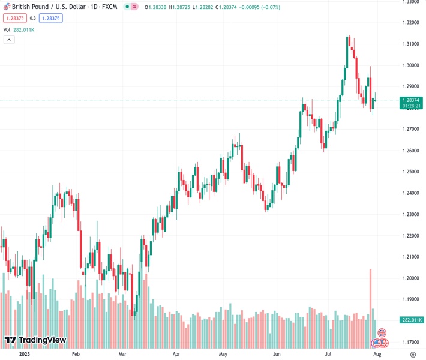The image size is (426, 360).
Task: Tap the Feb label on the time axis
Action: pos(76,354)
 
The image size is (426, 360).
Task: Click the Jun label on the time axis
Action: pos(276,354)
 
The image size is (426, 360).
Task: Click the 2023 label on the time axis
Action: pos(24,354)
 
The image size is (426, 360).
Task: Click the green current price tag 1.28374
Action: pos(412,100)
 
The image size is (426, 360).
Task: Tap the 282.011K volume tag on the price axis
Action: pos(412,320)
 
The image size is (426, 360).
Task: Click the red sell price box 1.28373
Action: pos(13,18)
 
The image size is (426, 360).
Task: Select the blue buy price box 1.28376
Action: pos(50,18)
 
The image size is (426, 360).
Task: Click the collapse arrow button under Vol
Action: pos(9,40)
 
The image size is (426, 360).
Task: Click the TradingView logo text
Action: pos(42,340)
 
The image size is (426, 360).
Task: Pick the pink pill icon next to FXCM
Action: pos(133,7)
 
